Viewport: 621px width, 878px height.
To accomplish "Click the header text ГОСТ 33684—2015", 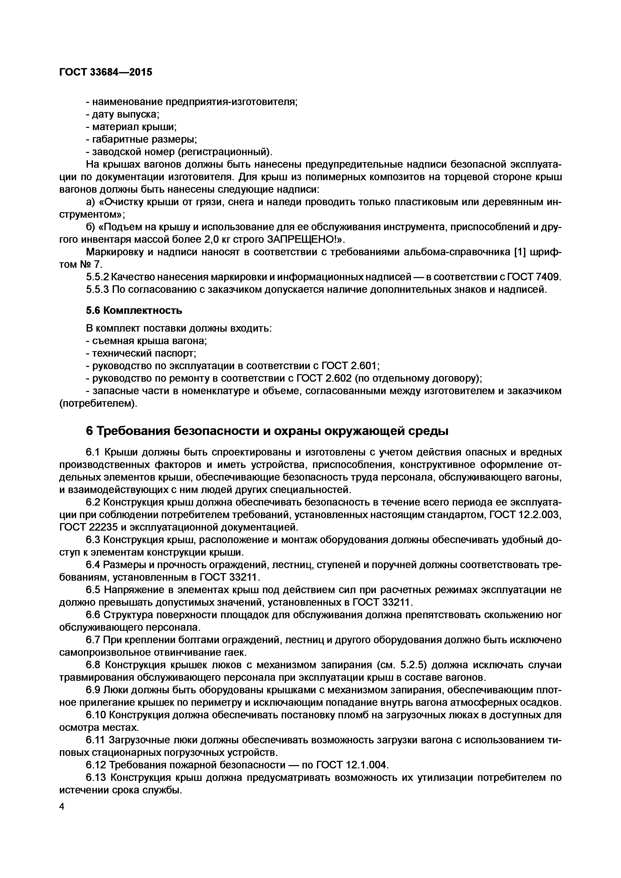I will [x=106, y=72].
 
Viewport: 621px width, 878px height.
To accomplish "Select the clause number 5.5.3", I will [x=97, y=290].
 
